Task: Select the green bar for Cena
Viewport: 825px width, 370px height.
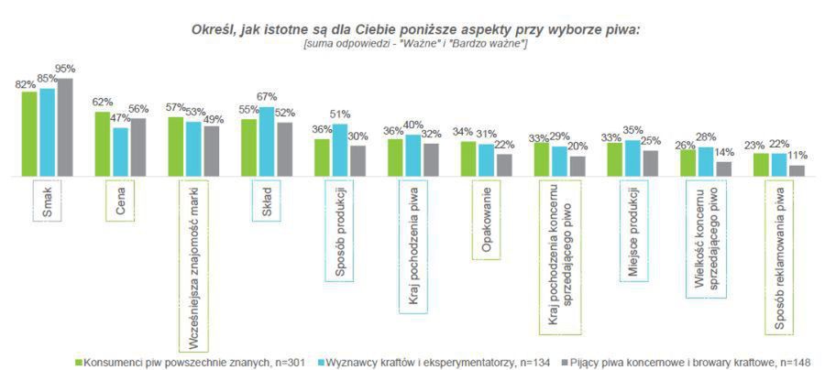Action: pos(102,144)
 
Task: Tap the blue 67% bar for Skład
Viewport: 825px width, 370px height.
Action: pos(266,141)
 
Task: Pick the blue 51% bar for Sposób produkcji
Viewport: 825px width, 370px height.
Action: pos(339,149)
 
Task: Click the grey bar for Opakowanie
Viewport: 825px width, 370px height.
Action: pos(503,165)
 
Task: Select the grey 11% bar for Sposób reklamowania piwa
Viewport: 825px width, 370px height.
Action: pos(797,170)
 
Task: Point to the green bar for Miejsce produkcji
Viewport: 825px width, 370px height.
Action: pos(614,158)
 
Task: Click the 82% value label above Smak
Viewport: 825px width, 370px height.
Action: pos(26,84)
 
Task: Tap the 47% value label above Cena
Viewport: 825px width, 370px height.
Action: pos(121,118)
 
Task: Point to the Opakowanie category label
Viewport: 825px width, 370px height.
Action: pos(487,219)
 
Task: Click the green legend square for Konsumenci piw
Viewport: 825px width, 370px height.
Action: pos(79,361)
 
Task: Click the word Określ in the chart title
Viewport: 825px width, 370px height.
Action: pos(216,30)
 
